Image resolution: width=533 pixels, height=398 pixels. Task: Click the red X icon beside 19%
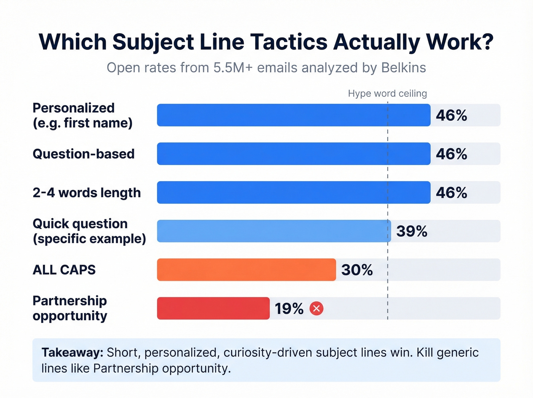click(316, 308)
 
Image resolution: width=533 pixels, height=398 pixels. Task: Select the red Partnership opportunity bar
click(213, 308)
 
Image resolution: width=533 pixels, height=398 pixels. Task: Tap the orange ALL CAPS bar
click(246, 270)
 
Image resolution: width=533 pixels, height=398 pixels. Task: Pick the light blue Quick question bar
click(274, 231)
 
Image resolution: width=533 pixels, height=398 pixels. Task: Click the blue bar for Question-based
click(294, 154)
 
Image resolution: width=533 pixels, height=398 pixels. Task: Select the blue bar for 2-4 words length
click(294, 192)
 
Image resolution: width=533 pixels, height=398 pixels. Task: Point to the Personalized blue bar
click(294, 115)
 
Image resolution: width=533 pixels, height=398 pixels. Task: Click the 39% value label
click(412, 231)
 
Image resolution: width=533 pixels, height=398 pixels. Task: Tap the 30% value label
click(357, 270)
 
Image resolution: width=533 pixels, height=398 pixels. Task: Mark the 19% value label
click(289, 308)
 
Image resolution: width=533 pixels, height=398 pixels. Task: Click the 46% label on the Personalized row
click(451, 115)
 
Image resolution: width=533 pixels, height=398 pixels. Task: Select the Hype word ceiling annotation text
click(387, 93)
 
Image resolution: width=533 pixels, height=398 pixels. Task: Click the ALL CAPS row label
click(64, 270)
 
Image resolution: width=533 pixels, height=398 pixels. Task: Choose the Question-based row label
click(83, 154)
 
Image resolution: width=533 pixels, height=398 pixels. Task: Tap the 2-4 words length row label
click(86, 193)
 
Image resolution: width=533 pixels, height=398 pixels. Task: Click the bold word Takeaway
click(72, 352)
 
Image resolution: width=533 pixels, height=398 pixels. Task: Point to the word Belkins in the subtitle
click(403, 67)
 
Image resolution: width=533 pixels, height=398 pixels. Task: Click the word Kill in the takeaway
click(424, 352)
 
